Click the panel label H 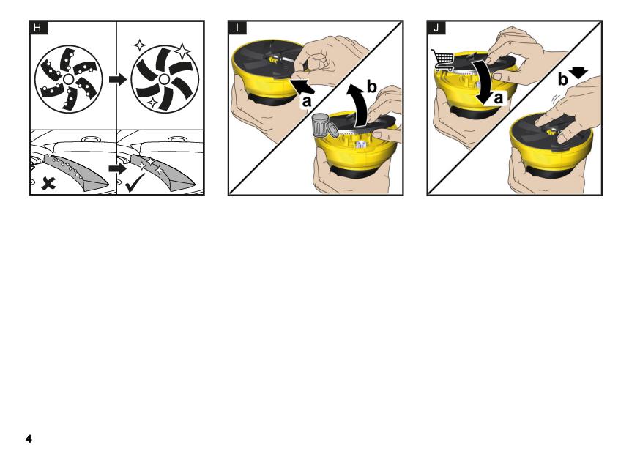[38, 28]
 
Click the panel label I [237, 28]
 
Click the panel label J [436, 28]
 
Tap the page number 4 [29, 439]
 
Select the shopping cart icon [443, 59]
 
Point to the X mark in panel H [48, 184]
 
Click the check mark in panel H [135, 183]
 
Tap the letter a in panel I [306, 101]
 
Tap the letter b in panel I [371, 87]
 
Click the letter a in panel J [498, 98]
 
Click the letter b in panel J [562, 80]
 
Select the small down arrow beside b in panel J [578, 72]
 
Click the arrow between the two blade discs [118, 79]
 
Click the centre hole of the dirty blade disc [68, 79]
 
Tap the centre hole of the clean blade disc [164, 79]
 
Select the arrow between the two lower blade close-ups [118, 168]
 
